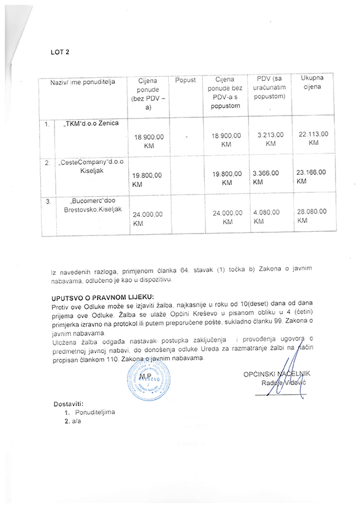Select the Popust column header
pyautogui.click(x=186, y=80)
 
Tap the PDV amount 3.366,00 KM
pyautogui.click(x=265, y=175)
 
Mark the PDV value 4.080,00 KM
pyautogui.click(x=266, y=216)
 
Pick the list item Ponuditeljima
pyautogui.click(x=95, y=413)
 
